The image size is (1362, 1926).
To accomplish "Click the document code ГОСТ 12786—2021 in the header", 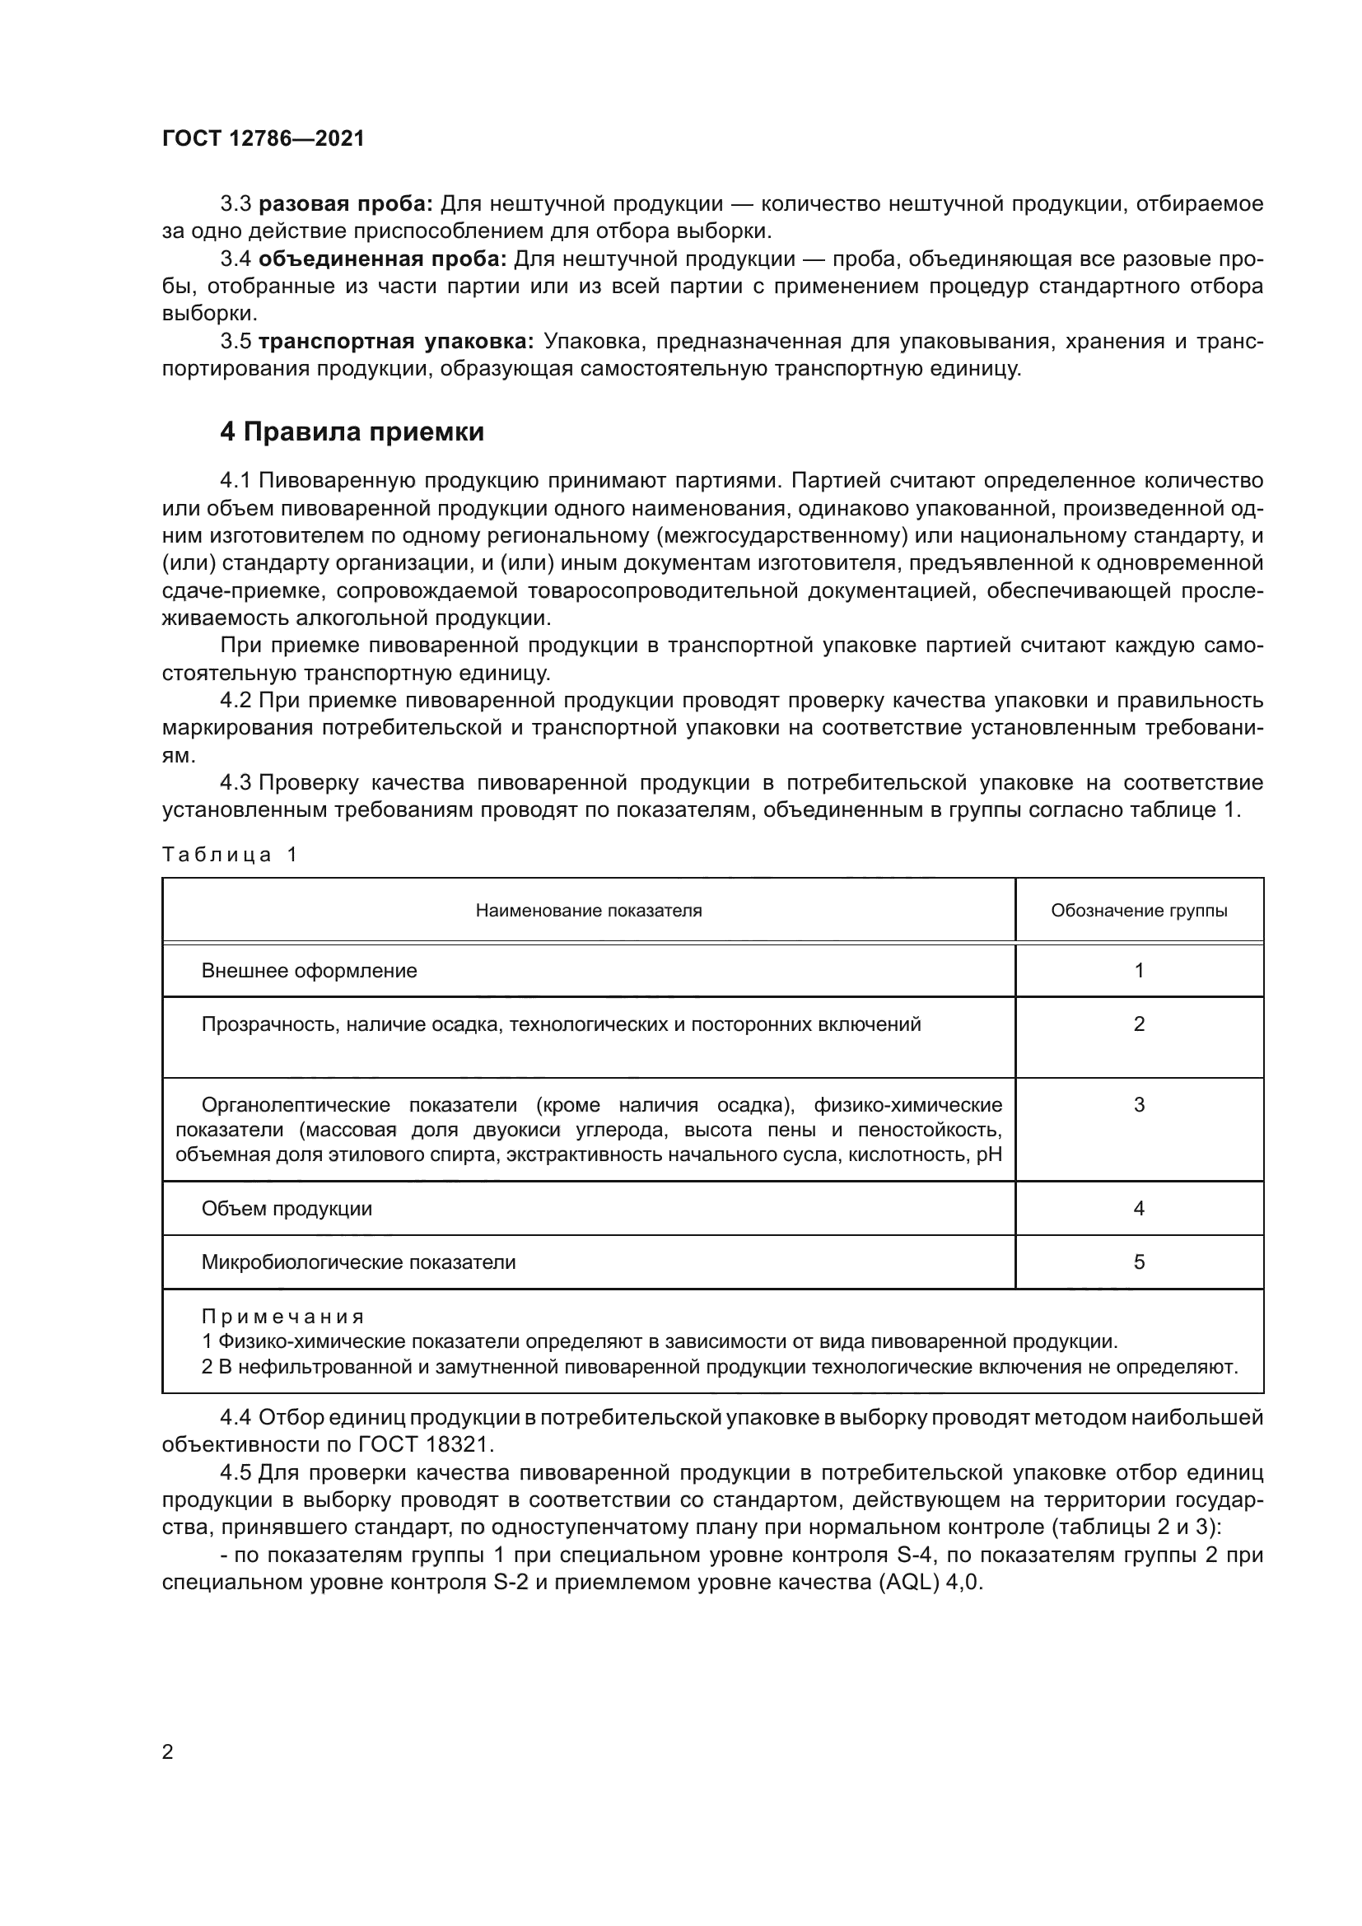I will coord(264,138).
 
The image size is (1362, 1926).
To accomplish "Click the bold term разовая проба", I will coord(346,204).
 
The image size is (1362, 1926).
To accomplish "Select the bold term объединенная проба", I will coord(382,259).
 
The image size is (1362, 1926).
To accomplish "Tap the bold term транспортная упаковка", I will coord(396,342).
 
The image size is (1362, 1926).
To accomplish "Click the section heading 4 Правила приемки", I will coord(352,432).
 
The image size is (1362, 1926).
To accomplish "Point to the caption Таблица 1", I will coord(230,854).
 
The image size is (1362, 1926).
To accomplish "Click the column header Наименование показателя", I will coord(588,911).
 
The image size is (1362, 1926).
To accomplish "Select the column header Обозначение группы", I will coord(1138,911).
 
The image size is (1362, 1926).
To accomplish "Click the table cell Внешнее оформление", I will coord(309,971).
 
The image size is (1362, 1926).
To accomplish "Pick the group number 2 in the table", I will coord(1138,1024).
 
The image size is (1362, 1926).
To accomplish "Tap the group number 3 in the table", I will coord(1138,1105).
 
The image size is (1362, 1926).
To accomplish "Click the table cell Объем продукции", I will coord(286,1209).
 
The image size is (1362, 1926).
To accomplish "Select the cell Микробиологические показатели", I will coord(358,1262).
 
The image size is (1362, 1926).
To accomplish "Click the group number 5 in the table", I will coord(1138,1262).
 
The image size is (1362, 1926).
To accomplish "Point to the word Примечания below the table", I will coord(282,1316).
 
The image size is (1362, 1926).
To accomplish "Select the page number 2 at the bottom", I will coord(168,1751).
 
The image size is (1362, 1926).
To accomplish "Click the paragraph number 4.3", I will coord(236,782).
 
